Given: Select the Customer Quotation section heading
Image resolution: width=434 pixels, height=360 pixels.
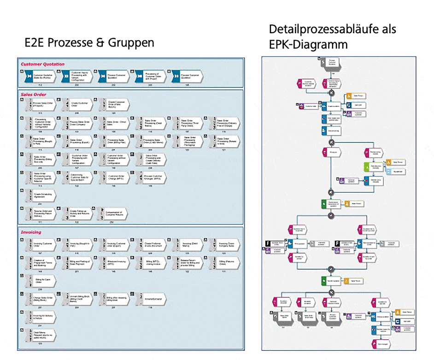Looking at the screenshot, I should click(42, 64).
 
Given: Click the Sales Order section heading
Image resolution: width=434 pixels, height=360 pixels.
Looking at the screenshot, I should click(34, 94).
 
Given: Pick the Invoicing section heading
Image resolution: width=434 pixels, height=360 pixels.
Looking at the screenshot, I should click(31, 232).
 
